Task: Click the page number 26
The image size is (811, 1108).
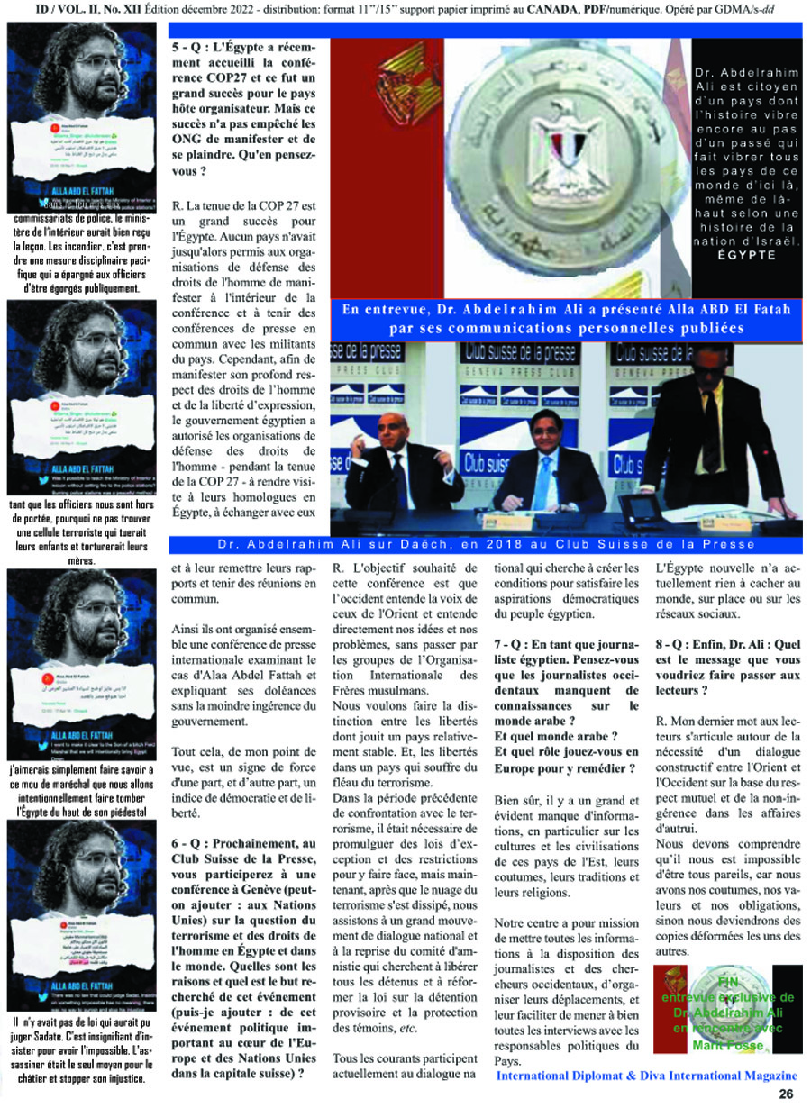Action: tap(786, 1094)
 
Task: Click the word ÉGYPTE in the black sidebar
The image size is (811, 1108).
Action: tap(747, 255)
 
